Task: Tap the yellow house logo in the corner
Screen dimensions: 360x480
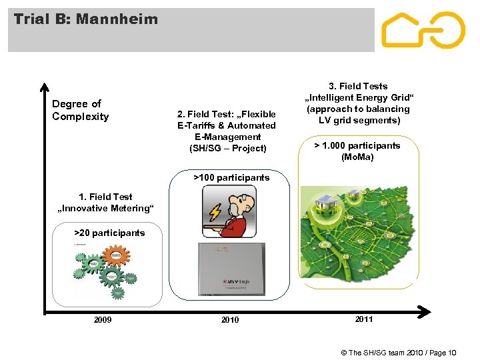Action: click(423, 30)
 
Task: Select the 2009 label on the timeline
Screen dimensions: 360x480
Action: click(103, 320)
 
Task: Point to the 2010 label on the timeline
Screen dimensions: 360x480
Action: click(230, 320)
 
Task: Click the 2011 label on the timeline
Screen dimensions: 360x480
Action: click(364, 319)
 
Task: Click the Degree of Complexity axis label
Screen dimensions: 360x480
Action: click(80, 110)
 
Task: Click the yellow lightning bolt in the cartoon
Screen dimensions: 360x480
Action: click(215, 212)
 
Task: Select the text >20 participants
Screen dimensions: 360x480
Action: click(109, 233)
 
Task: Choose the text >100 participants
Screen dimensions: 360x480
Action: click(231, 177)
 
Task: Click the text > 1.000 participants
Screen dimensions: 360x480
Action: click(357, 145)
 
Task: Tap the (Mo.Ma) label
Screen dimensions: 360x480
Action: click(357, 157)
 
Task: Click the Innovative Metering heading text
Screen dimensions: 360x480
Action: click(106, 208)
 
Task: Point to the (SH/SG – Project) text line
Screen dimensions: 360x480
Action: click(227, 148)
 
